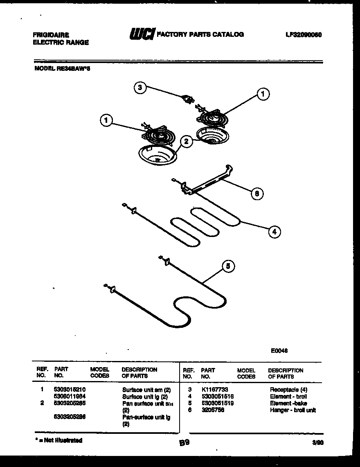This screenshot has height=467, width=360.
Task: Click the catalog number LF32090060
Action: pyautogui.click(x=304, y=35)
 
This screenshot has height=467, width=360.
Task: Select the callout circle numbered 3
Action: pyautogui.click(x=140, y=87)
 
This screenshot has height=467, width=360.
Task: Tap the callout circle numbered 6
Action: pyautogui.click(x=257, y=194)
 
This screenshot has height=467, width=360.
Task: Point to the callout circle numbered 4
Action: pyautogui.click(x=274, y=232)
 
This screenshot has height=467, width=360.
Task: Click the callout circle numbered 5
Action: pyautogui.click(x=228, y=266)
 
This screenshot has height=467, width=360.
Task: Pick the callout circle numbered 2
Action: pyautogui.click(x=186, y=142)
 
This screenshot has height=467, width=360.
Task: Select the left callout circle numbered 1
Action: pyautogui.click(x=106, y=120)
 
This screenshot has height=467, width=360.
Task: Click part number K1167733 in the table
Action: pyautogui.click(x=215, y=390)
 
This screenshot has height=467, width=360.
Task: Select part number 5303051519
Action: pyautogui.click(x=218, y=403)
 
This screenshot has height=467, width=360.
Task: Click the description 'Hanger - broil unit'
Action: pyautogui.click(x=292, y=410)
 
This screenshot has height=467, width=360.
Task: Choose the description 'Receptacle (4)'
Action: pyautogui.click(x=288, y=390)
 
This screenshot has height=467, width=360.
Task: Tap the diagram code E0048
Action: pyautogui.click(x=279, y=350)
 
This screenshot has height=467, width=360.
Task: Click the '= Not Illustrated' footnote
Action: pyautogui.click(x=59, y=440)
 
